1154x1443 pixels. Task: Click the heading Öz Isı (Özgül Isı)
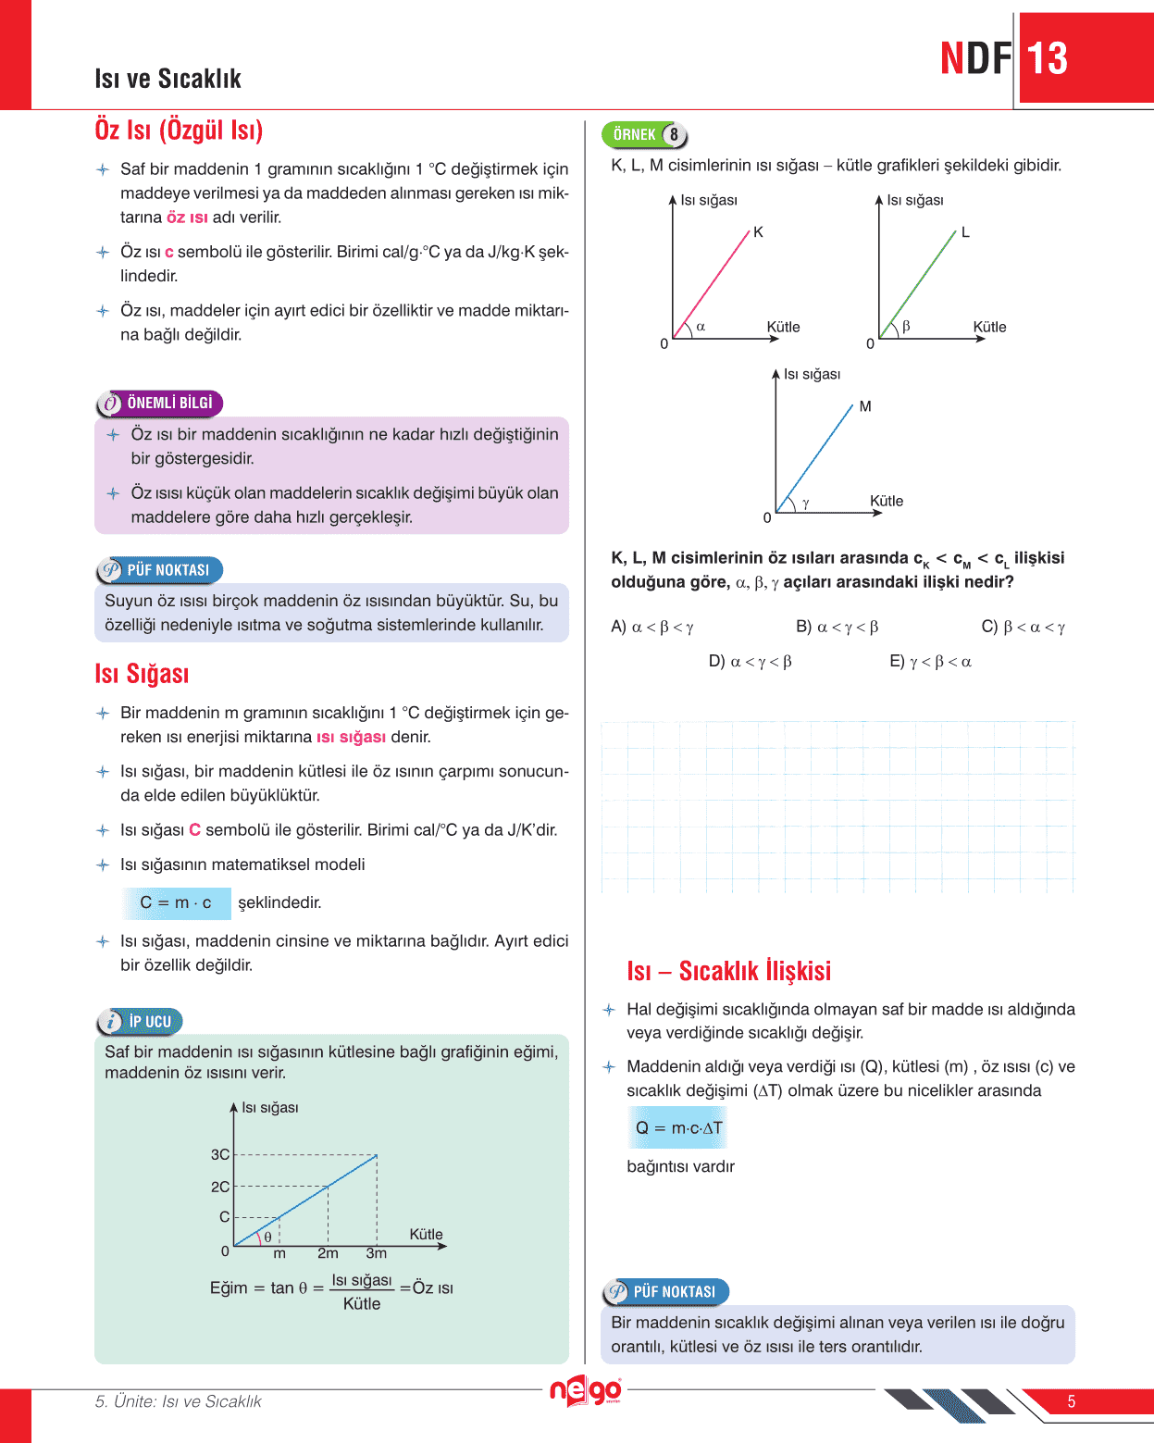pos(179,130)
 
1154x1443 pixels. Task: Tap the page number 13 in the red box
pos(1048,59)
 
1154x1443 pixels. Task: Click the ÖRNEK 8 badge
pos(644,135)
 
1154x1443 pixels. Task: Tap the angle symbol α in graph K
pos(701,327)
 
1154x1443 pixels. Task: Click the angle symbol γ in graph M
pos(805,503)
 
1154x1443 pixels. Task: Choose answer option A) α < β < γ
pos(652,628)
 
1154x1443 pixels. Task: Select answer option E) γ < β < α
pos(931,662)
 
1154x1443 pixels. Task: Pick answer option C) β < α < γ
pos(1024,628)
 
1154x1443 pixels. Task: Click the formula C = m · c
pos(176,902)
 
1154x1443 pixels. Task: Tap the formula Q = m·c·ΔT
pos(678,1128)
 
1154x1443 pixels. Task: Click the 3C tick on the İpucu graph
pos(220,1154)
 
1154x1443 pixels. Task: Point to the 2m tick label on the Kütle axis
pos(328,1253)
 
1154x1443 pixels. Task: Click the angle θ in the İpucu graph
pos(267,1237)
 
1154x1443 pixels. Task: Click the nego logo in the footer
pos(585,1390)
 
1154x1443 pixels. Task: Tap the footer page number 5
pos(1071,1401)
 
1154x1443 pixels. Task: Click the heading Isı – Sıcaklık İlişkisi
pos(728,971)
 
